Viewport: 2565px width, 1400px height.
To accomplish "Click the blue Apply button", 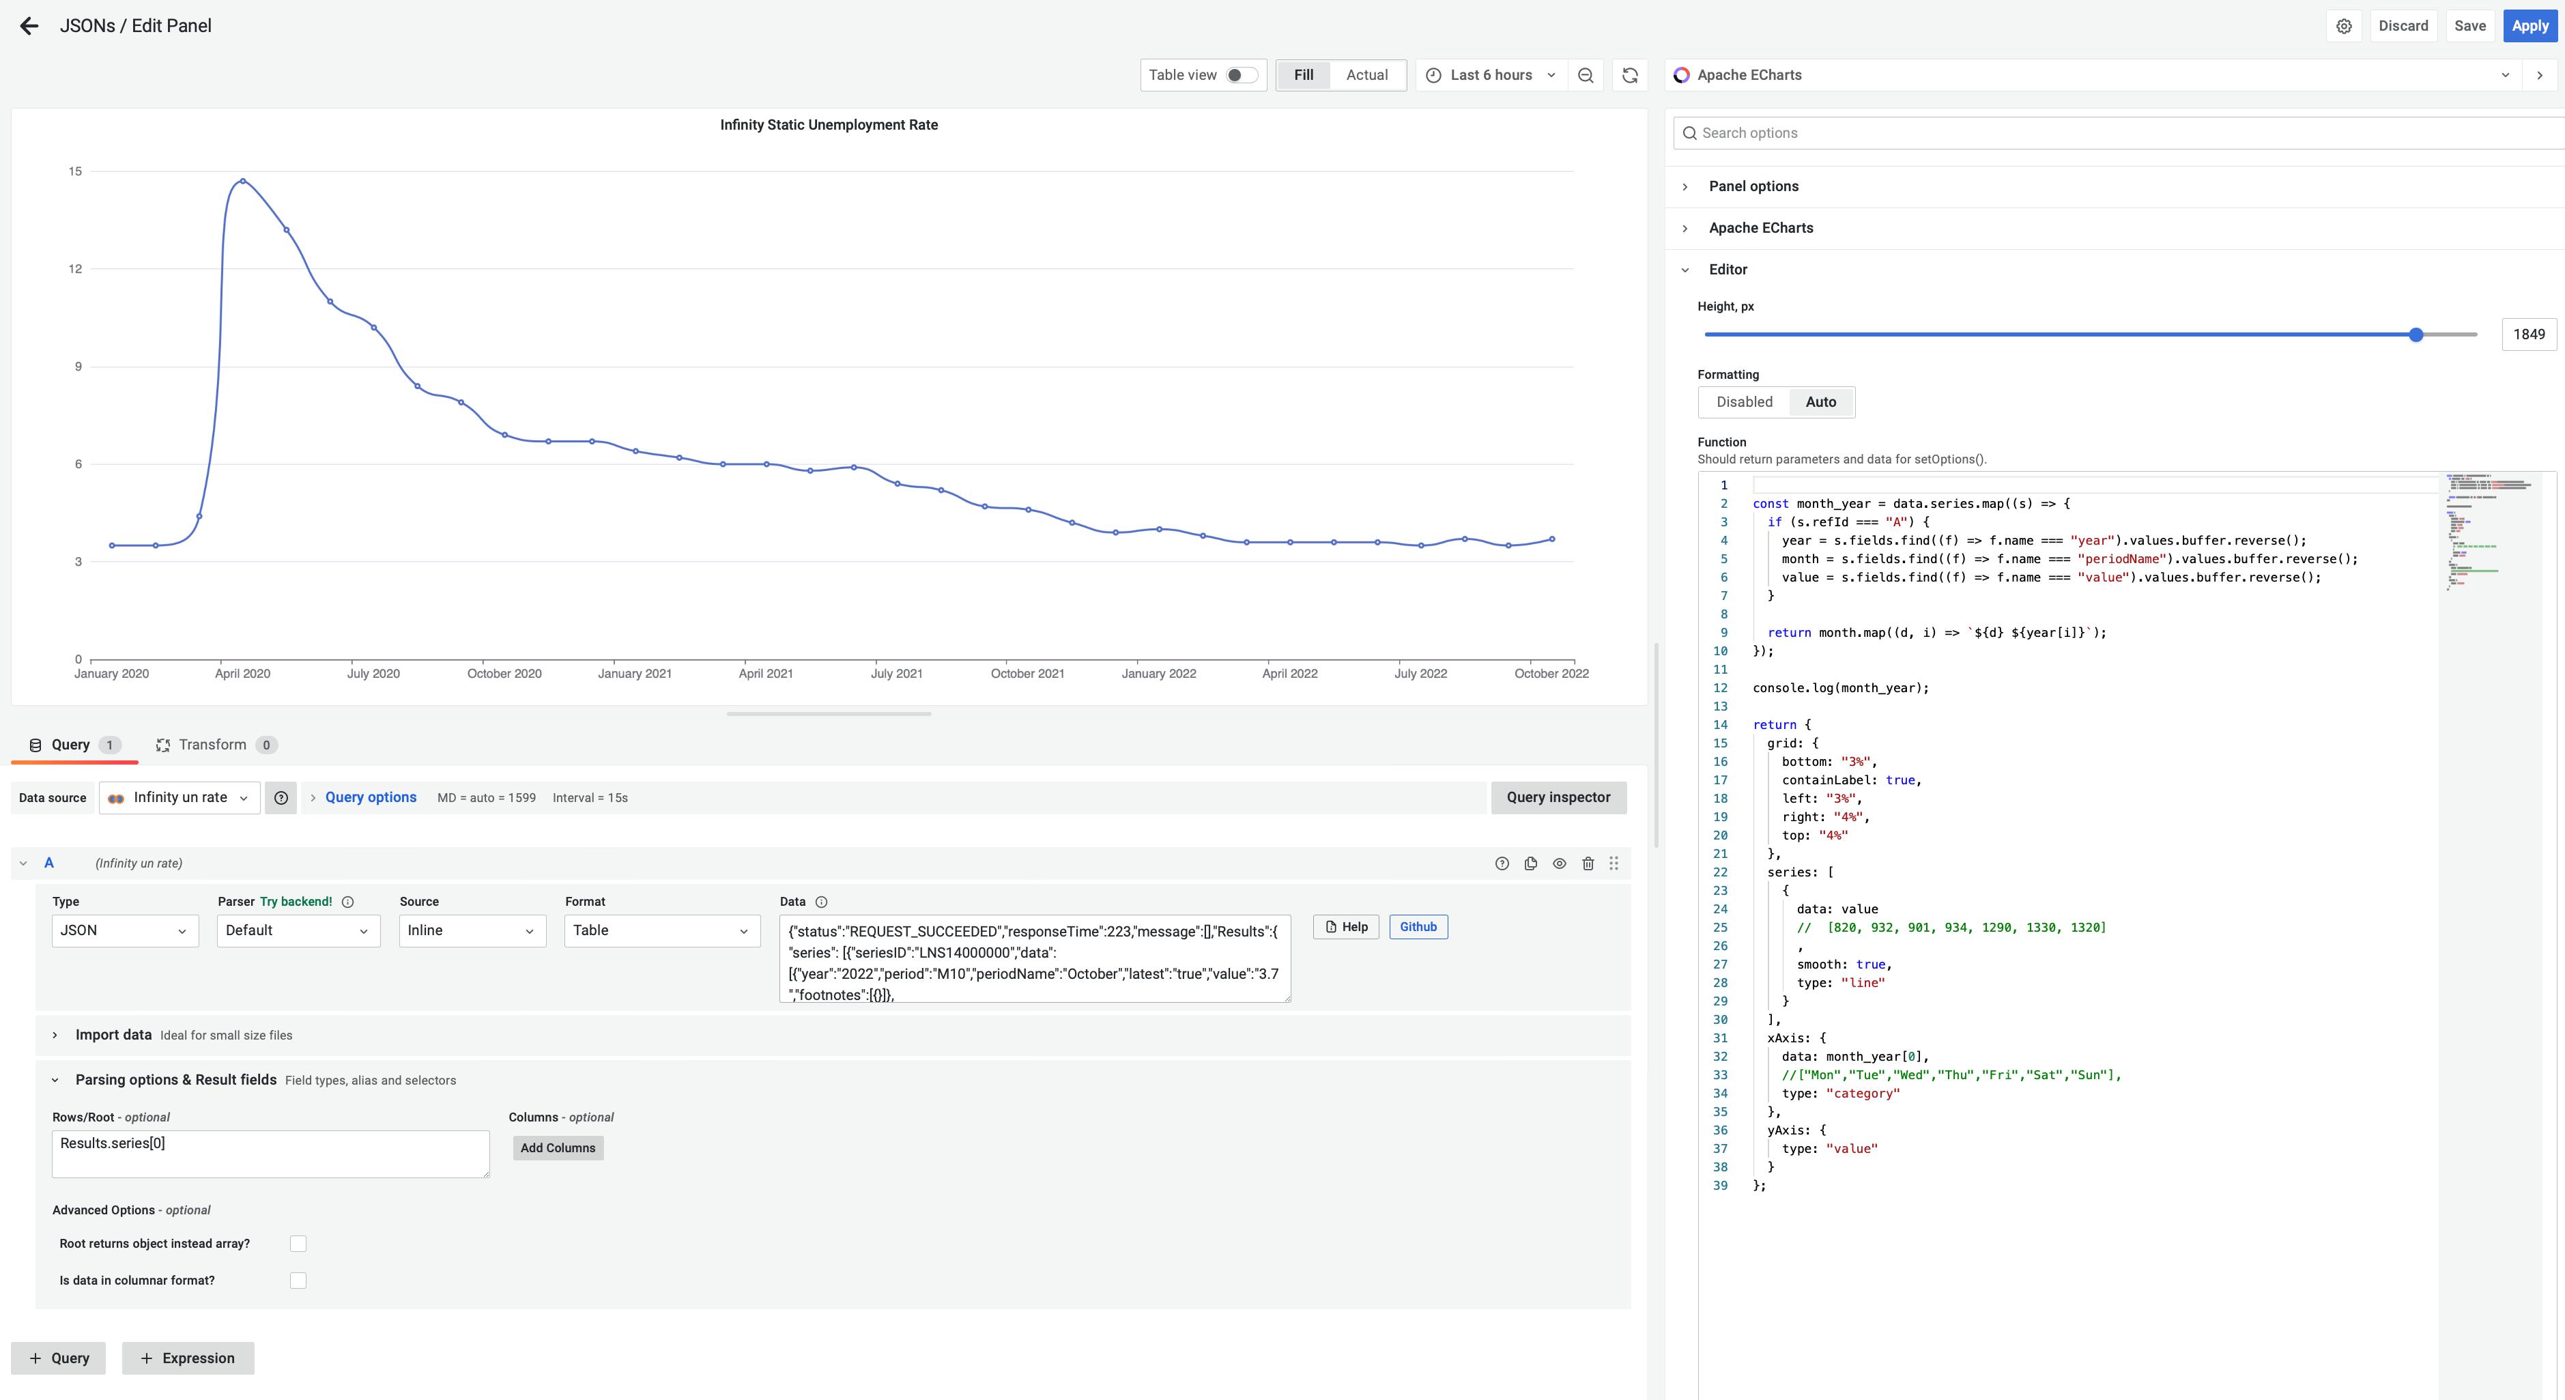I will tap(2529, 26).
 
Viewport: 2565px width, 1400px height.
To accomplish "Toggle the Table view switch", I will tap(1241, 74).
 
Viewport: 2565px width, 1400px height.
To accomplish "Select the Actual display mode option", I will tap(1366, 74).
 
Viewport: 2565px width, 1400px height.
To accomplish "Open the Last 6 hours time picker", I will tap(1491, 74).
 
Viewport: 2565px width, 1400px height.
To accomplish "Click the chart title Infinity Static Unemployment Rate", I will tap(829, 124).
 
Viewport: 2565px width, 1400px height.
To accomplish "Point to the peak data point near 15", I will tap(243, 181).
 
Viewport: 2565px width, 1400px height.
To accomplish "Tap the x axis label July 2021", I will tap(896, 673).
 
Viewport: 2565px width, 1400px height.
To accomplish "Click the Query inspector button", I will tap(1558, 797).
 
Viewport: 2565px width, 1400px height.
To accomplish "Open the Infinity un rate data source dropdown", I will tap(180, 797).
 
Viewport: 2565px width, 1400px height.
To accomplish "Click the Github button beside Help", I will tap(1418, 927).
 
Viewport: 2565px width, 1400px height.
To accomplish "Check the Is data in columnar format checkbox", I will tap(298, 1281).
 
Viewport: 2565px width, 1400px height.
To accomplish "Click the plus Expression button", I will tap(188, 1358).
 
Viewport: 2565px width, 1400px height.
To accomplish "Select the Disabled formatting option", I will tap(1743, 402).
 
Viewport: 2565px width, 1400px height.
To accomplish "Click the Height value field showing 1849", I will tap(2528, 334).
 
